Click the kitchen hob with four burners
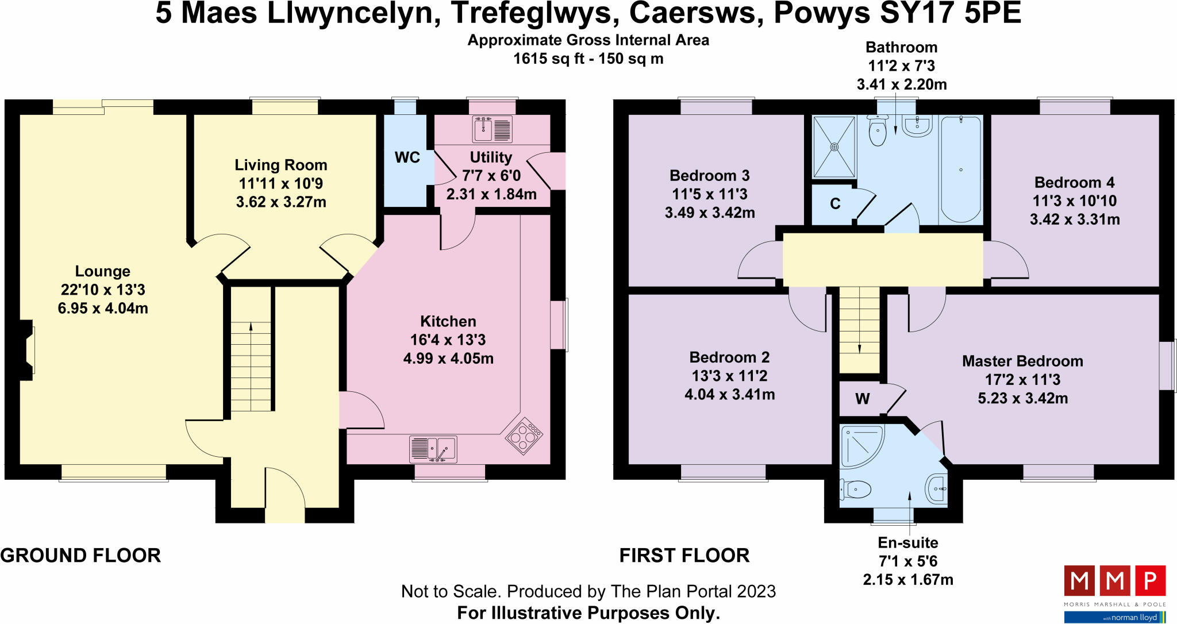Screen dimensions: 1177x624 pos(524,436)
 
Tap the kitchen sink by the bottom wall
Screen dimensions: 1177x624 pos(433,449)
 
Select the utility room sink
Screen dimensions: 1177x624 pos(493,129)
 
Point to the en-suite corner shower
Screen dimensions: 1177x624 pos(861,446)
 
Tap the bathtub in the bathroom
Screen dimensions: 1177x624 pos(960,169)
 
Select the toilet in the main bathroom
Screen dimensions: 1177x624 pos(878,130)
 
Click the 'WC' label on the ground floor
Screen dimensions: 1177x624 pos(407,157)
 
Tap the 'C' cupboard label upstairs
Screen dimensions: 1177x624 pos(835,204)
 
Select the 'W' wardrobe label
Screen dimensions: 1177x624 pos(862,399)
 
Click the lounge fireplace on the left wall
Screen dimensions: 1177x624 pos(27,350)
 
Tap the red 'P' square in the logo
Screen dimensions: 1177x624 pos(1150,581)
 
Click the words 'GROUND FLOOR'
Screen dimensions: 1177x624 pos(80,556)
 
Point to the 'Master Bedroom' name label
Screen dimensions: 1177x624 pos(1022,361)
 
